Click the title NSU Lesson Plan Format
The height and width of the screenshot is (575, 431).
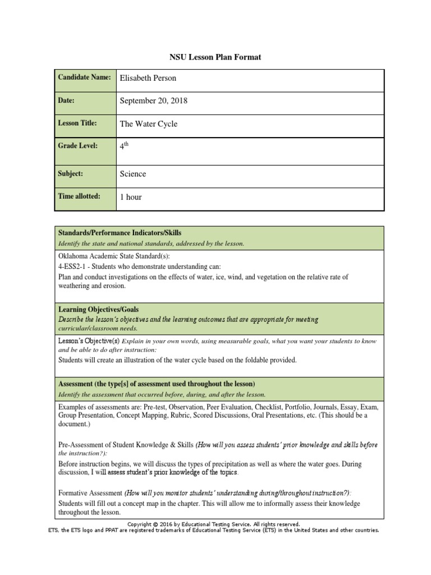click(x=215, y=57)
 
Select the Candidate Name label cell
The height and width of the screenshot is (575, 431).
click(x=85, y=77)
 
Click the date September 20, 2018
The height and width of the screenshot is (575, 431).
click(x=154, y=101)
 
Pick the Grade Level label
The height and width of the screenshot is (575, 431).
click(x=77, y=145)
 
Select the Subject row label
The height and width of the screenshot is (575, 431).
click(x=70, y=174)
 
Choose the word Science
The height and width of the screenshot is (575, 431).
click(x=132, y=174)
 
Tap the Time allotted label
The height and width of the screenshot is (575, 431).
click(x=79, y=196)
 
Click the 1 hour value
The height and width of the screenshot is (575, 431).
click(x=131, y=197)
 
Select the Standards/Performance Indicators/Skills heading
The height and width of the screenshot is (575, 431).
click(x=120, y=232)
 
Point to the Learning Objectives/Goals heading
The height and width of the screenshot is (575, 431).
click(x=98, y=309)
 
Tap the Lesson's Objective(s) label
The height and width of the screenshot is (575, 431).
click(x=89, y=341)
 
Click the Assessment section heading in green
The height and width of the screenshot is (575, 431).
click(x=157, y=384)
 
